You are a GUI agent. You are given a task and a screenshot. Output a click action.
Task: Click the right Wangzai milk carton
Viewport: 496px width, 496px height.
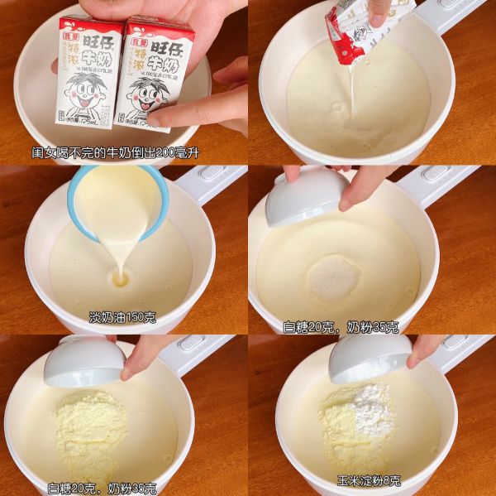(x=157, y=75)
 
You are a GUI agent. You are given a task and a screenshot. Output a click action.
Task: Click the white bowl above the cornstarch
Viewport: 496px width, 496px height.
(x=369, y=358)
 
